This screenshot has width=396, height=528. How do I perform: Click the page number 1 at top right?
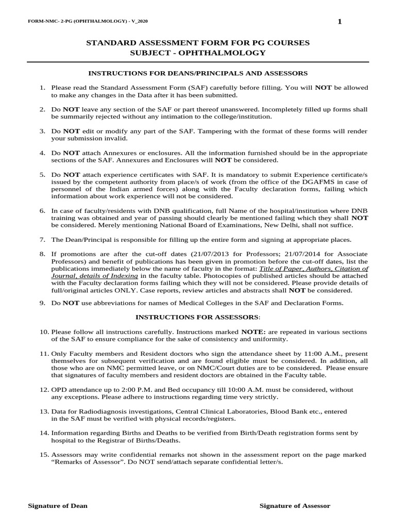[x=339, y=21]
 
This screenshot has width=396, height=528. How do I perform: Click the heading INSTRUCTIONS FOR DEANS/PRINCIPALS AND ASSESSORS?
[x=198, y=73]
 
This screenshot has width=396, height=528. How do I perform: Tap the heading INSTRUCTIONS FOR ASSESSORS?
[x=198, y=317]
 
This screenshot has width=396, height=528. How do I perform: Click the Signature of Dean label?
[x=58, y=506]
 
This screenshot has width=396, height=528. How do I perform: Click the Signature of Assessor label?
[x=295, y=506]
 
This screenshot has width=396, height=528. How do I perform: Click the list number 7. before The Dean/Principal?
[x=43, y=240]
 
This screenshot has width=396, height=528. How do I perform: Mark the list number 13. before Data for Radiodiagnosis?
[x=44, y=411]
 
